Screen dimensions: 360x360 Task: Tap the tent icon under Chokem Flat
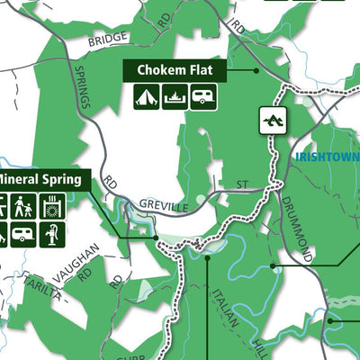pos(147,96)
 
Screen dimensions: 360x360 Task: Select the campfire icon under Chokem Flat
pos(175,96)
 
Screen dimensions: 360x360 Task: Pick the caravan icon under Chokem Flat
pos(204,96)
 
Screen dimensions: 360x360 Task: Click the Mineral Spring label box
pos(42,177)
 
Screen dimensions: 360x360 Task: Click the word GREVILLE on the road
pos(163,207)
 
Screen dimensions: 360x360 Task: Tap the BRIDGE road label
pos(108,40)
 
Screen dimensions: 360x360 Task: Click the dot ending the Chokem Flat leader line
pos(256,70)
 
